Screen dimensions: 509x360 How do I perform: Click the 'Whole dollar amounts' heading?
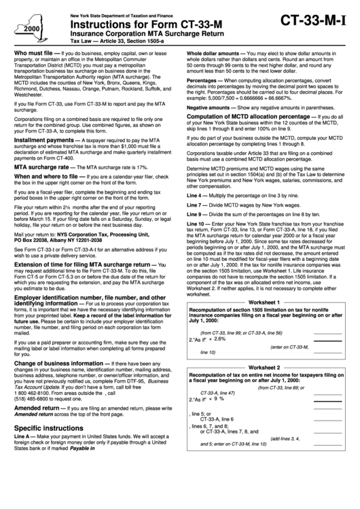click(x=211, y=52)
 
